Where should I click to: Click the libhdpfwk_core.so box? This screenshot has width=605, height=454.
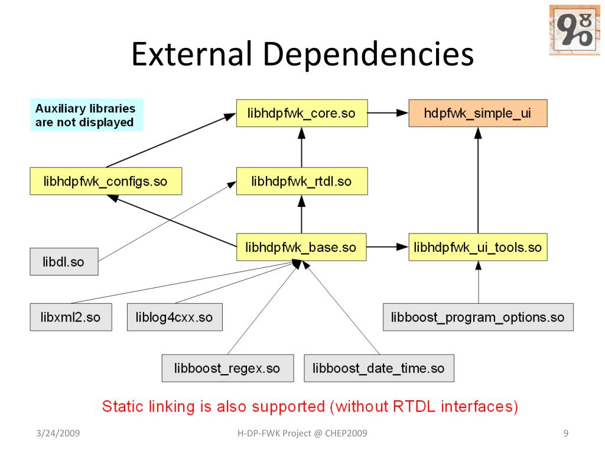pos(302,113)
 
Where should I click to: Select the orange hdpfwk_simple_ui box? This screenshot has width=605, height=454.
pos(477,113)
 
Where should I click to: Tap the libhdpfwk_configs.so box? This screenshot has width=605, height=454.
pos(106,181)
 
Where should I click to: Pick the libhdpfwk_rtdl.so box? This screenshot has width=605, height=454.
pos(302,181)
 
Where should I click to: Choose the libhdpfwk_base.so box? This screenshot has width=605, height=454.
pos(302,248)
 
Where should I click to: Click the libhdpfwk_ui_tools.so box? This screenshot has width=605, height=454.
pos(478,248)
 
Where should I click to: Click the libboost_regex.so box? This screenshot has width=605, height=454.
pos(227,368)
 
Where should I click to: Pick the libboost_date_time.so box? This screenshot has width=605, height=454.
pos(379,368)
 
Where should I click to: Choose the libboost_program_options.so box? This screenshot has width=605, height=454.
pos(478,317)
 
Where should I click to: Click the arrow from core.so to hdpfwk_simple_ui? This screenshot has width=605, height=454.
pos(388,113)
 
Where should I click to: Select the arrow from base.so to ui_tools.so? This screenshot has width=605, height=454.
pos(388,248)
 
